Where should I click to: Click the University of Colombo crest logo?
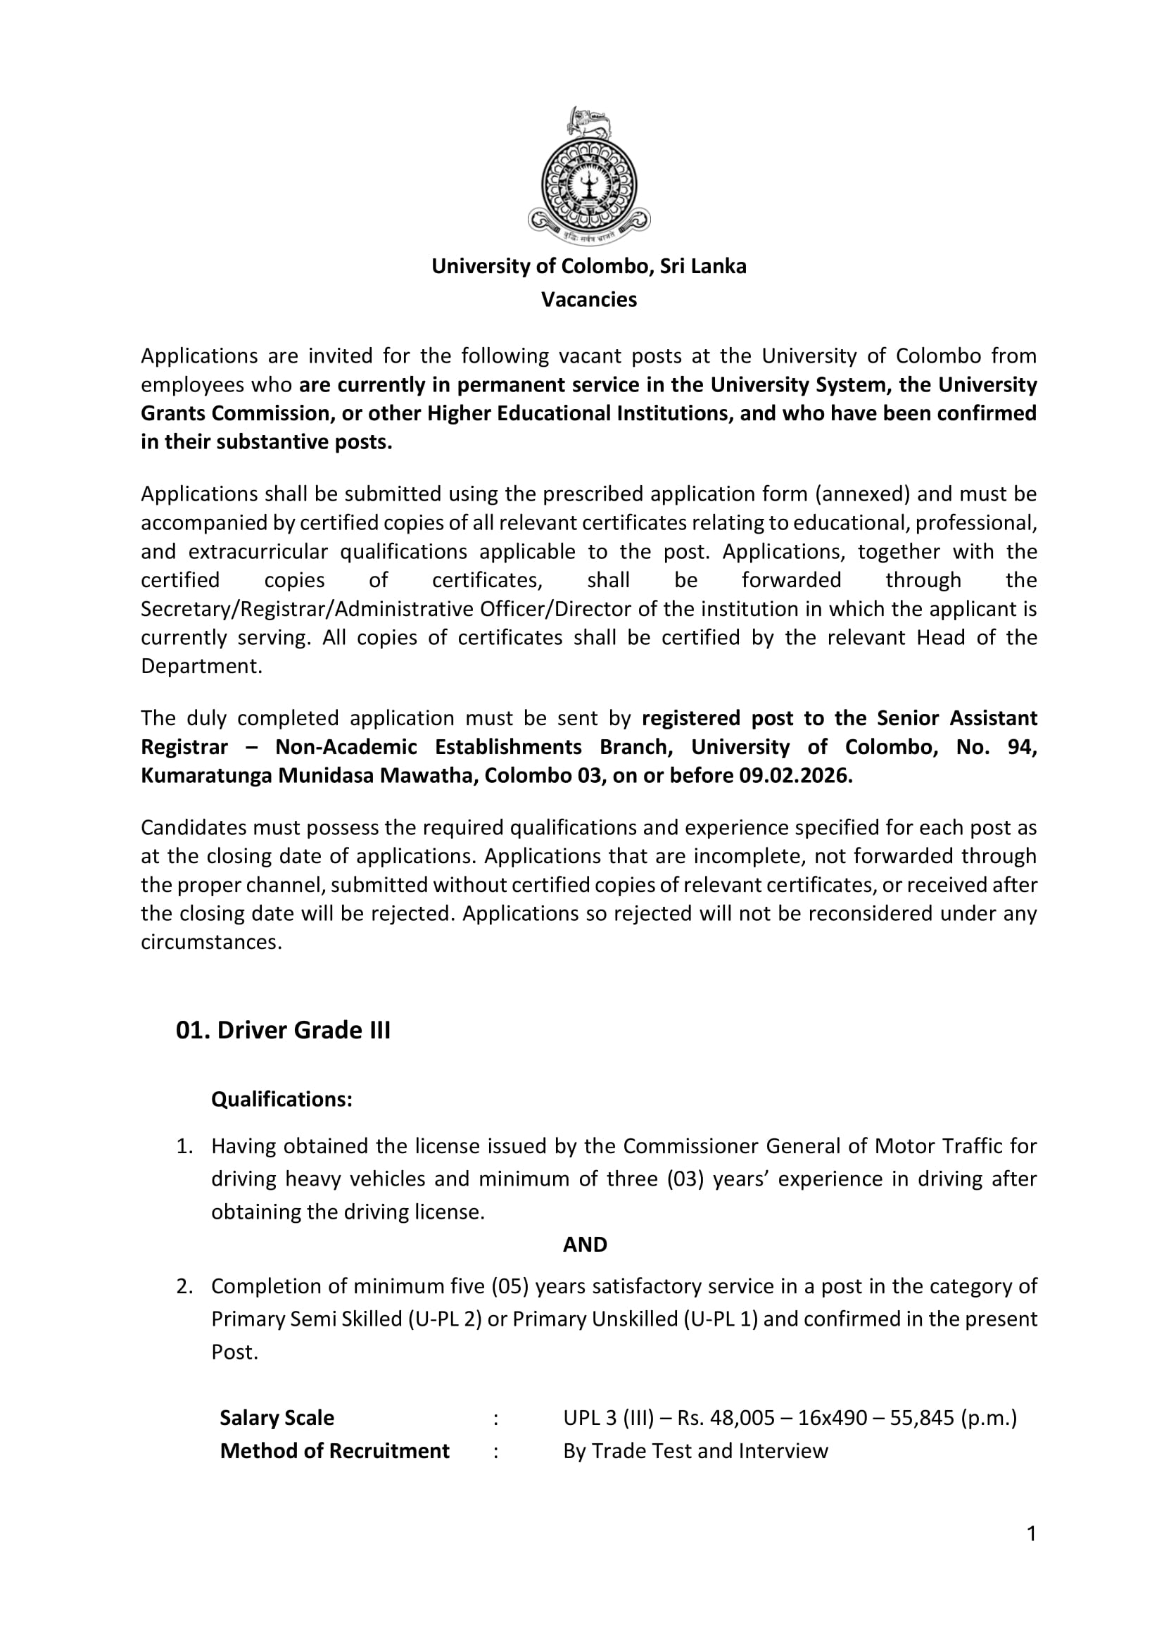(x=588, y=176)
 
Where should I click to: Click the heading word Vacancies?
(x=588, y=300)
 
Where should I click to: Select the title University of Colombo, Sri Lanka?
(x=588, y=267)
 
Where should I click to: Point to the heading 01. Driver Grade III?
(x=283, y=1030)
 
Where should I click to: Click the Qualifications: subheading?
(x=281, y=1099)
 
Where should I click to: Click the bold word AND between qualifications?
(x=585, y=1245)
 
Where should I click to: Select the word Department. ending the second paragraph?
(x=201, y=666)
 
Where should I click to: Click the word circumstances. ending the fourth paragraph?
(x=211, y=942)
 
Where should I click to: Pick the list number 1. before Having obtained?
(x=185, y=1145)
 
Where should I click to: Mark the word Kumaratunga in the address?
(x=205, y=776)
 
